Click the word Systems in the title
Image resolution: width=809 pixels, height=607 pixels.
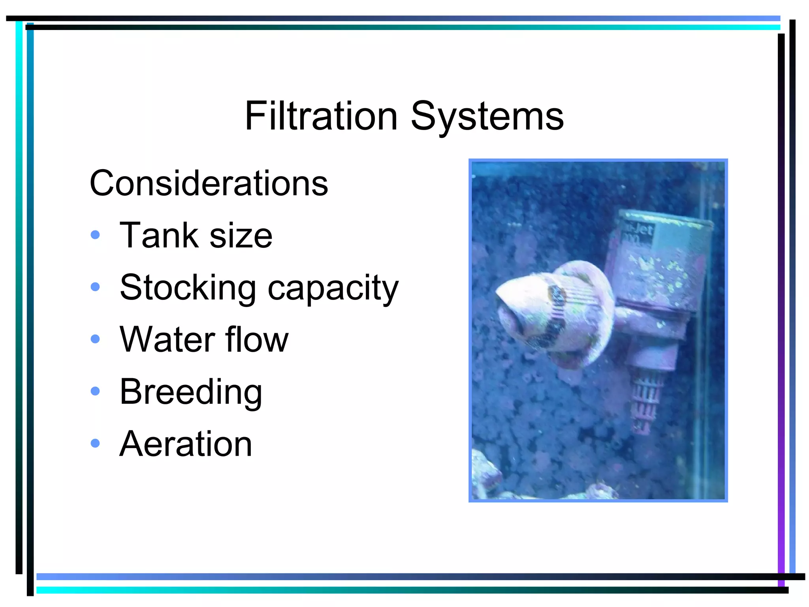pos(487,117)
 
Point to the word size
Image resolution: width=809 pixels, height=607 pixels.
pos(241,236)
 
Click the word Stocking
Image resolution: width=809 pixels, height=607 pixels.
pos(188,287)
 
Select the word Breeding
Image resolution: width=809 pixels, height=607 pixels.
pos(191,392)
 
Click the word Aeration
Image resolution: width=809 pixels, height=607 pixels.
pos(186,444)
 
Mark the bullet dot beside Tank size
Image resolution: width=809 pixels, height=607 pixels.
pos(95,235)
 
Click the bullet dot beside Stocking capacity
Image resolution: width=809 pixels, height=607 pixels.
pos(95,287)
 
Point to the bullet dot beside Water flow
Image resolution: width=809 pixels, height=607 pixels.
pos(95,339)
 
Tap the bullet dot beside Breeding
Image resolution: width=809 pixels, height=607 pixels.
pos(95,391)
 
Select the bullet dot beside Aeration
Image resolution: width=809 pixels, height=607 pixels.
pos(95,443)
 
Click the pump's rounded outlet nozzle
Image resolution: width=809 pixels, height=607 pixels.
pos(521,312)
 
